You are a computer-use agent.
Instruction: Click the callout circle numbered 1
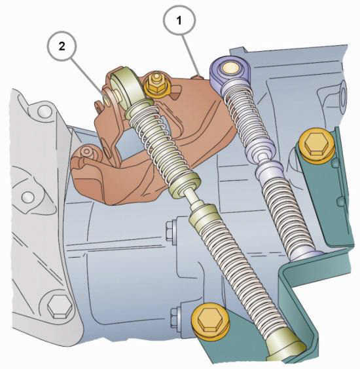click(179, 20)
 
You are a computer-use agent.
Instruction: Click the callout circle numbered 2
click(62, 46)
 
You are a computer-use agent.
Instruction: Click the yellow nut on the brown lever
click(155, 85)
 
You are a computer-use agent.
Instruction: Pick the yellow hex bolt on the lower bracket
click(210, 320)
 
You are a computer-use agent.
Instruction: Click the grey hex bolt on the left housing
click(58, 307)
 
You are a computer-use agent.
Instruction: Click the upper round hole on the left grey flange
click(44, 111)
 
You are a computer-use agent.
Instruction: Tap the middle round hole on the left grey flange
click(28, 197)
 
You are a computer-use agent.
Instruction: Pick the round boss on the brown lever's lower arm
click(86, 152)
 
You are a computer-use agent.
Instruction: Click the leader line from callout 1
click(192, 56)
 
